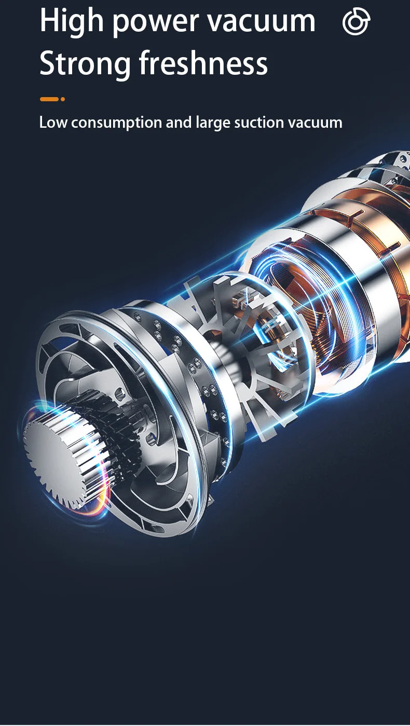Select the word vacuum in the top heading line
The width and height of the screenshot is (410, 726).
[261, 22]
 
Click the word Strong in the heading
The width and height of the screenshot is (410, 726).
[85, 63]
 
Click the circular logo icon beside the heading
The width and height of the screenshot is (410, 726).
[356, 21]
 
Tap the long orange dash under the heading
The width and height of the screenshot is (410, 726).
[49, 99]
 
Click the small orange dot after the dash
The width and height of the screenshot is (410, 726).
[63, 99]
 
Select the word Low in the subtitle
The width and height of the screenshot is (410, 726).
[53, 123]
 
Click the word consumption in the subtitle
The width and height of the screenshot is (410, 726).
[116, 123]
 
